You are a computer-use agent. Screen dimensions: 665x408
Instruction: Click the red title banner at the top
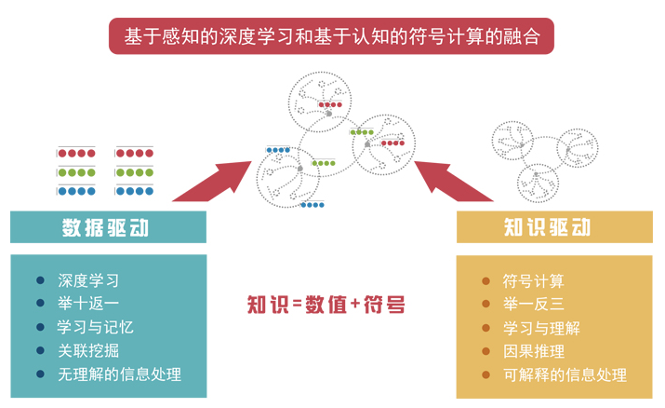click(331, 36)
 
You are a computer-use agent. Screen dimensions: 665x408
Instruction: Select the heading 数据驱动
click(106, 227)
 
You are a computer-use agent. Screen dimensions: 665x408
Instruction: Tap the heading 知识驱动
click(547, 227)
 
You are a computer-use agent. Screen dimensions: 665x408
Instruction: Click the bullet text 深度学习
click(88, 280)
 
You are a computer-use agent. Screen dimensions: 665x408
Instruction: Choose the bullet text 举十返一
click(88, 303)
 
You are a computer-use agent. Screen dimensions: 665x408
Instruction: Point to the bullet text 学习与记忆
click(96, 327)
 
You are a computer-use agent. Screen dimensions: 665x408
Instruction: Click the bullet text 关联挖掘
click(88, 350)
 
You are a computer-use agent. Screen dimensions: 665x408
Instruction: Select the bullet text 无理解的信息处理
click(119, 374)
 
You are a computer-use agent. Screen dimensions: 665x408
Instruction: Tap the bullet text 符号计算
click(534, 281)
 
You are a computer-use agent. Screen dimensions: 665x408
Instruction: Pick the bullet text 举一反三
click(534, 304)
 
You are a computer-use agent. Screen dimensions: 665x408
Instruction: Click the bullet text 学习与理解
click(541, 328)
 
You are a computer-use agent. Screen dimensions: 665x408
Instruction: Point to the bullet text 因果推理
click(534, 351)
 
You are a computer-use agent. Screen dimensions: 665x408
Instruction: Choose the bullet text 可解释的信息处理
click(565, 374)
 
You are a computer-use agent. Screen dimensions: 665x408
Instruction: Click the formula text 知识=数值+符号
click(326, 305)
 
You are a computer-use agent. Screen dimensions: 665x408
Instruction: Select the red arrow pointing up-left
click(453, 182)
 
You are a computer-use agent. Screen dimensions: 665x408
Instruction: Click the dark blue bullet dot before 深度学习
click(40, 280)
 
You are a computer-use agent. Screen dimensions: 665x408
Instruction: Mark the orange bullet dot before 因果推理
click(486, 351)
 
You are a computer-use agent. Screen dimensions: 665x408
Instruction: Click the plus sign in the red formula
click(355, 304)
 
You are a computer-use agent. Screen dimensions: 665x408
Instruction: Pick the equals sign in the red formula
click(297, 305)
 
